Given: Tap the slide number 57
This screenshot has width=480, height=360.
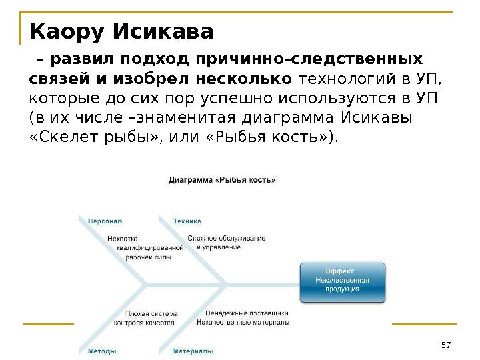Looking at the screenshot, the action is pos(446,344).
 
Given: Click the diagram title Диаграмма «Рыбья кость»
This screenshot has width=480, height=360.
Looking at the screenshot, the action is pos(222,179).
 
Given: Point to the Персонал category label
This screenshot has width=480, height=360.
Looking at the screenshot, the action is pos(105,221).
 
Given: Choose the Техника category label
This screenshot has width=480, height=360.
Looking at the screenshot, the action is pos(187,221).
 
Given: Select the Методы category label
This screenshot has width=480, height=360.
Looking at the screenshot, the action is pos(102,351).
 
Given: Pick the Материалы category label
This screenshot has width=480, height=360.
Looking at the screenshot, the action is pos(193,351).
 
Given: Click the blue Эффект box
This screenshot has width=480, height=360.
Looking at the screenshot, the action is pos(342,281).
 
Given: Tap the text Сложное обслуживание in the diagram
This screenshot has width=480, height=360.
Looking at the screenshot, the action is pos(227,238).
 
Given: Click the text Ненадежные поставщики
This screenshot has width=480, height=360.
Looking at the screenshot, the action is pos(246,313).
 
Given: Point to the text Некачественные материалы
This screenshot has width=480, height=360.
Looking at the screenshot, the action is pos(243,323).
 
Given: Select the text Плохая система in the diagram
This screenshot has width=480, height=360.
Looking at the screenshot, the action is pos(151,313).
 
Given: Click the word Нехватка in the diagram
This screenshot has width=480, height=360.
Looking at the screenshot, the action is pos(122,238).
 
